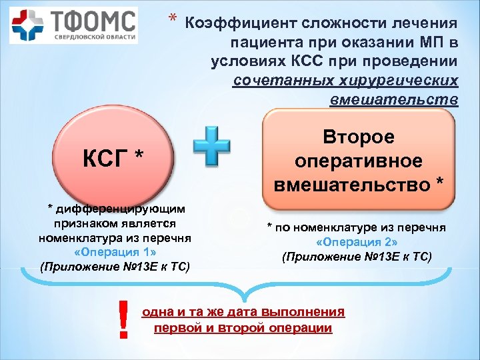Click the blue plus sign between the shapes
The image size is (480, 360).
pos(211,148)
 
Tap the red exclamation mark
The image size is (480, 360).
pos(122,319)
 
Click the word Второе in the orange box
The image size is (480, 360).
pos(359,137)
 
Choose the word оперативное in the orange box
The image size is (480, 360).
pos(359,161)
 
